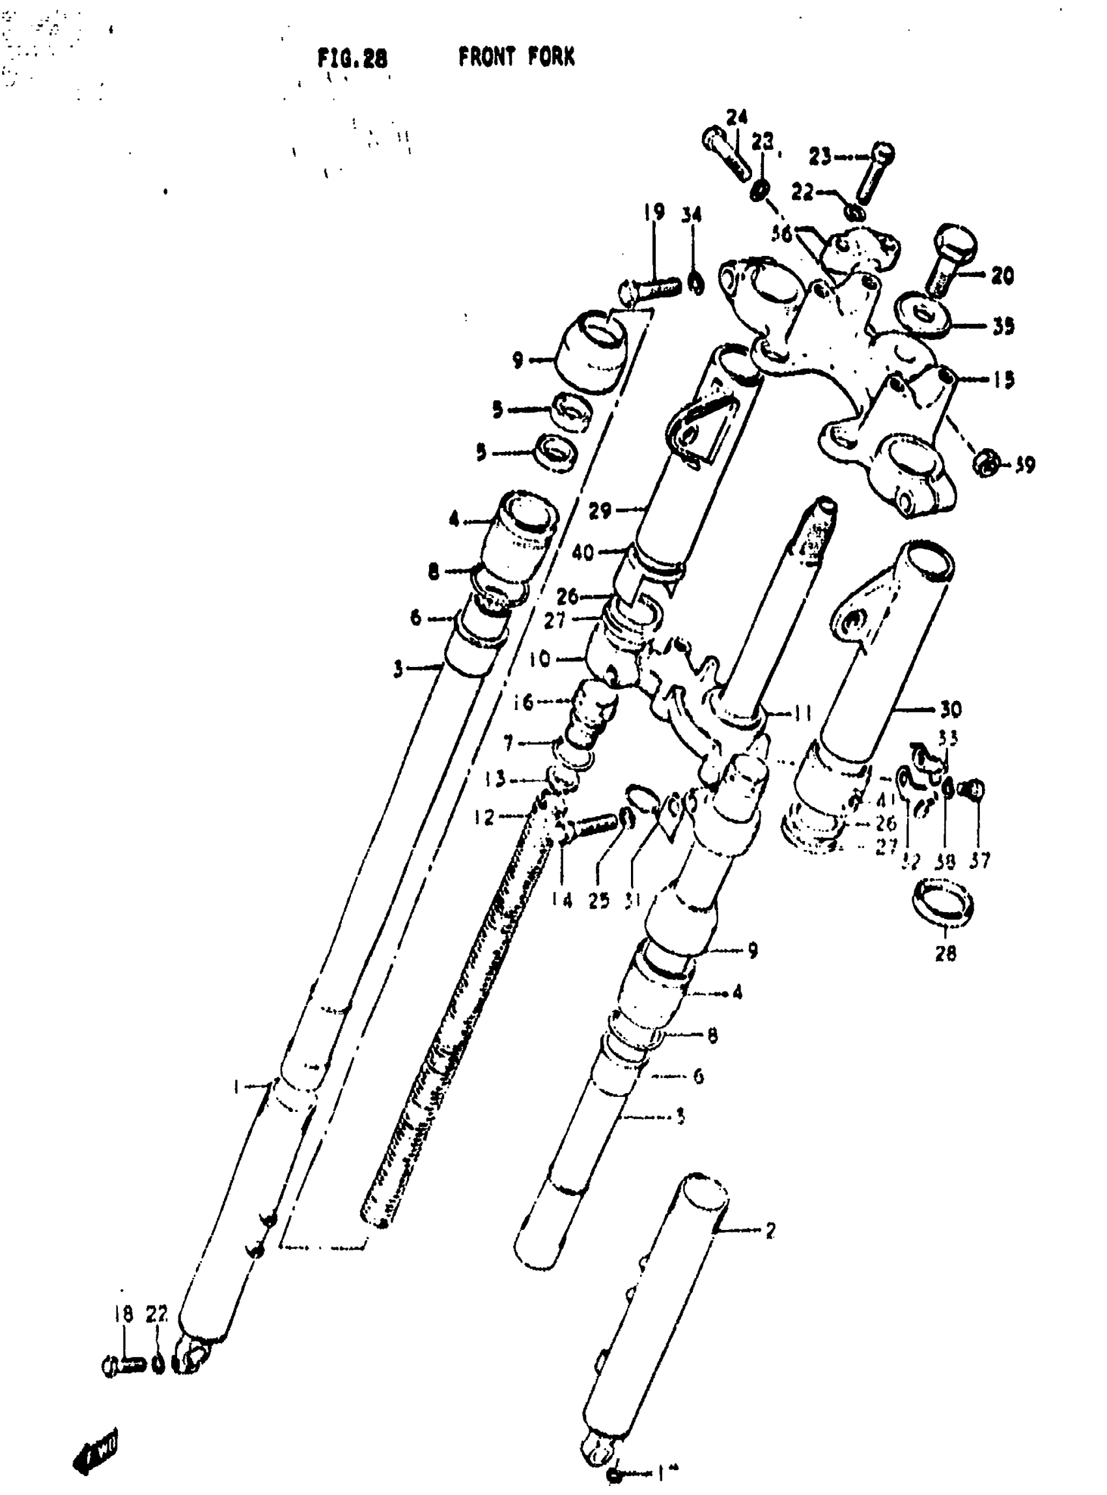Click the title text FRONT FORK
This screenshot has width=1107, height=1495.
point(516,58)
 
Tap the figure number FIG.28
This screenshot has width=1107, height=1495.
point(352,59)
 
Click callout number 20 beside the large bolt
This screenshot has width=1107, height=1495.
point(1002,275)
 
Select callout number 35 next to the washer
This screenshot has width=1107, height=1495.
point(1002,326)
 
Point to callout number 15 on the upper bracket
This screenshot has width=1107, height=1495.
point(1003,379)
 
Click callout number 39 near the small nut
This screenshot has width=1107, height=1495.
point(1024,464)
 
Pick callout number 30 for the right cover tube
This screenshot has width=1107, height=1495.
point(951,709)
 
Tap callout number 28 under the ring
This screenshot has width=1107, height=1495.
point(946,952)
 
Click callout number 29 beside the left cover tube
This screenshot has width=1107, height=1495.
point(600,511)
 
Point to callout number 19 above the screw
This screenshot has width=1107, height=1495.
point(654,212)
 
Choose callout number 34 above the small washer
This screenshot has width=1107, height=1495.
point(692,214)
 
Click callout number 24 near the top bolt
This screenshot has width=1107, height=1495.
point(736,118)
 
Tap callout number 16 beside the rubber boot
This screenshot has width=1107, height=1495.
point(524,703)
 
